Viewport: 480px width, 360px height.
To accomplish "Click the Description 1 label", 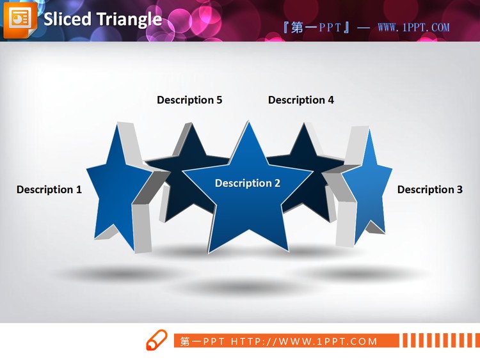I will point(49,189).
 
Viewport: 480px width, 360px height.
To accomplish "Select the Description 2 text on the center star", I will point(247,184).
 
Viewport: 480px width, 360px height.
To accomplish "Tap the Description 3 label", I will point(429,189).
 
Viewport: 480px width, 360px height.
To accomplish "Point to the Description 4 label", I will point(301,100).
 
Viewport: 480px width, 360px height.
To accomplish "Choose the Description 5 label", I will point(189,100).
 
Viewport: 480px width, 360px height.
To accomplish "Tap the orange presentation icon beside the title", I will point(20,19).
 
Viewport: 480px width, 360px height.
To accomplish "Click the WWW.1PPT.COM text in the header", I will point(413,27).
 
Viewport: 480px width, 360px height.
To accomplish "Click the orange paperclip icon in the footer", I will point(156,341).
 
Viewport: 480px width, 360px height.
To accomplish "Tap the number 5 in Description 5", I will point(219,100).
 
